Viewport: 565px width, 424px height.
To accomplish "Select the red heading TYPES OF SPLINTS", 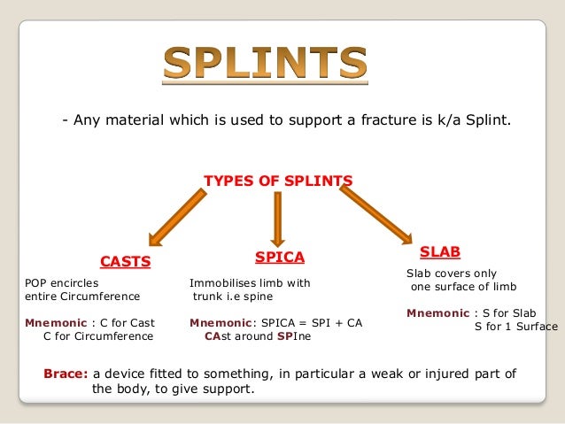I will (x=278, y=181).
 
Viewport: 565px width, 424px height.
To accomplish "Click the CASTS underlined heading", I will (x=125, y=262).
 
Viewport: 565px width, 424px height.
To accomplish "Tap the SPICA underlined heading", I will (x=279, y=258).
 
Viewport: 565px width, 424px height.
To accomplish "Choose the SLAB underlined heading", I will (x=439, y=252).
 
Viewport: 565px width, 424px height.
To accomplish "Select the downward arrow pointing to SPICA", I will (x=277, y=218).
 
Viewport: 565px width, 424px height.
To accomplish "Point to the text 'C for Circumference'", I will (x=98, y=336).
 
